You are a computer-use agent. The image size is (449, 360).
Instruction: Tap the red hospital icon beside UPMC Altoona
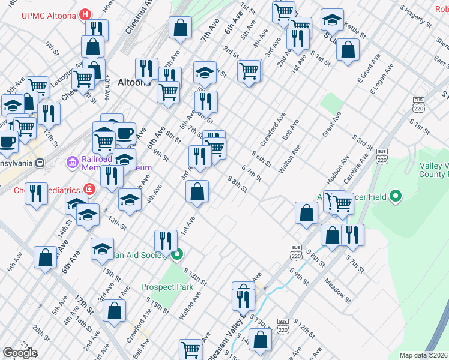coord(86,14)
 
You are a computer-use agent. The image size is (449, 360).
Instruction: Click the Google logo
coord(20,353)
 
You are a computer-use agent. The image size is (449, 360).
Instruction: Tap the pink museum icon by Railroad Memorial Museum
coord(72,161)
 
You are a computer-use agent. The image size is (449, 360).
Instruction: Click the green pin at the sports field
coord(395,196)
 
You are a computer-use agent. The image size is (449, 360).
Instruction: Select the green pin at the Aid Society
coord(177,255)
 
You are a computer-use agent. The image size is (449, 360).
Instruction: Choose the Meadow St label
coord(336,287)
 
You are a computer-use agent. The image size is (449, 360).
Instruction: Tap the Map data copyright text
coord(424,355)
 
